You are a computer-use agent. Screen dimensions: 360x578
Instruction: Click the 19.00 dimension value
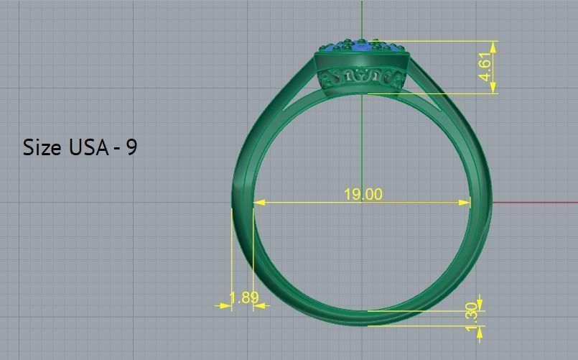[x=363, y=194]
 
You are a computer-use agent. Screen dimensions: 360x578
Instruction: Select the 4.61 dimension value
[x=487, y=67]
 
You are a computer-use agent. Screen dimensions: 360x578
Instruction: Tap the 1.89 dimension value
[x=243, y=297]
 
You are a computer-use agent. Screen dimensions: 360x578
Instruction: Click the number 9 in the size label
[x=131, y=147]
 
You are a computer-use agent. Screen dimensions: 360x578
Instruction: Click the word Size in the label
[x=42, y=147]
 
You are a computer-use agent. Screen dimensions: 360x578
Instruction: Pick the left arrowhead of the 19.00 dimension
[x=259, y=203]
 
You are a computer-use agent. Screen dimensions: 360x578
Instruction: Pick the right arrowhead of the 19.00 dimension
[x=465, y=203]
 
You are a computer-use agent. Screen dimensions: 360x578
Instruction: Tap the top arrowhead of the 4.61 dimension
[x=493, y=45]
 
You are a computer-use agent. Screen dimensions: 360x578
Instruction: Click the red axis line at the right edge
[x=546, y=202]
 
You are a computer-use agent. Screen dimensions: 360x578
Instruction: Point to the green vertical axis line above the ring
[x=362, y=18]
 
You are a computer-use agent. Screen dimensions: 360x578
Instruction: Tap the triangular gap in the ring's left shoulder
[x=296, y=101]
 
